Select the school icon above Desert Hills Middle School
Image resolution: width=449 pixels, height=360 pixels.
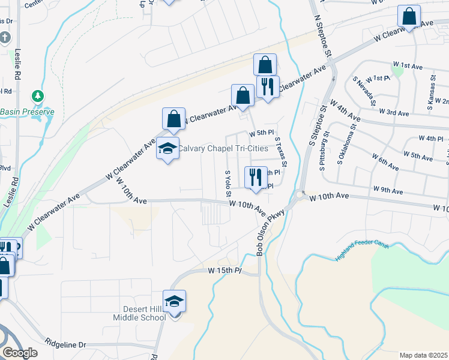coord(174,301)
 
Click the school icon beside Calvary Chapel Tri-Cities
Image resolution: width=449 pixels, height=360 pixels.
coord(167,149)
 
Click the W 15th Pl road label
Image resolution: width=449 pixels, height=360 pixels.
coord(224,271)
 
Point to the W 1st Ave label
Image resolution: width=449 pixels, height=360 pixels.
coord(408,64)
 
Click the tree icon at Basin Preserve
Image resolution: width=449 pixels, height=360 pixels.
coord(38,96)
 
